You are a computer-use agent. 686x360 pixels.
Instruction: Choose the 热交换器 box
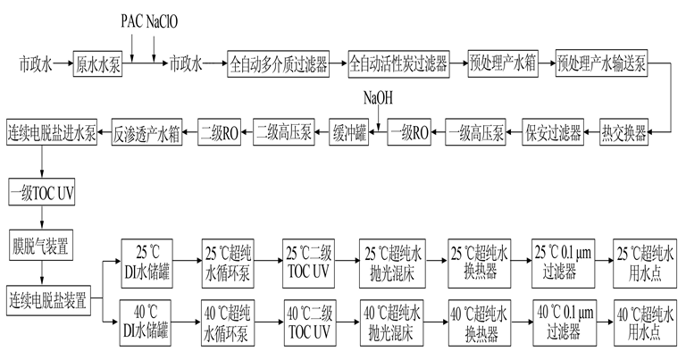624,134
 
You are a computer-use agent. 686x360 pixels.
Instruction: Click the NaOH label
377,96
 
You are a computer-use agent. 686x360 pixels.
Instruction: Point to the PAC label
132,17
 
